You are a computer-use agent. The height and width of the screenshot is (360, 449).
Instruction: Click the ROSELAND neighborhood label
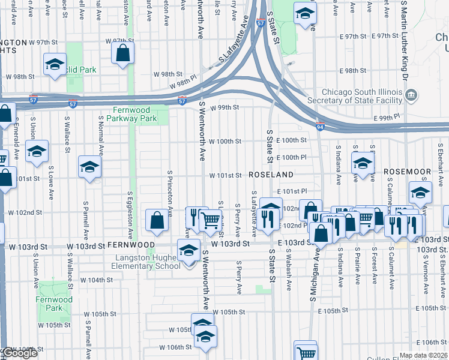271,175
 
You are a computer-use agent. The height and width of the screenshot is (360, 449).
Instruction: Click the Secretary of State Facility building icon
411,95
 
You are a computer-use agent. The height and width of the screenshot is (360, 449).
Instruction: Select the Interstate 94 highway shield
321,125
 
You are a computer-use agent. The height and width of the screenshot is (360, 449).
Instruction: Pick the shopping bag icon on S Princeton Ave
157,220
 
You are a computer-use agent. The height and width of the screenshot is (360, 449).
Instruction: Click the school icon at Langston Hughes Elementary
188,251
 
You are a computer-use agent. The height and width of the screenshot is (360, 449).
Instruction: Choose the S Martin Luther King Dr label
405,42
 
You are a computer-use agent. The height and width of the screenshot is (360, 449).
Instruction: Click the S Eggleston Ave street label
129,213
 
